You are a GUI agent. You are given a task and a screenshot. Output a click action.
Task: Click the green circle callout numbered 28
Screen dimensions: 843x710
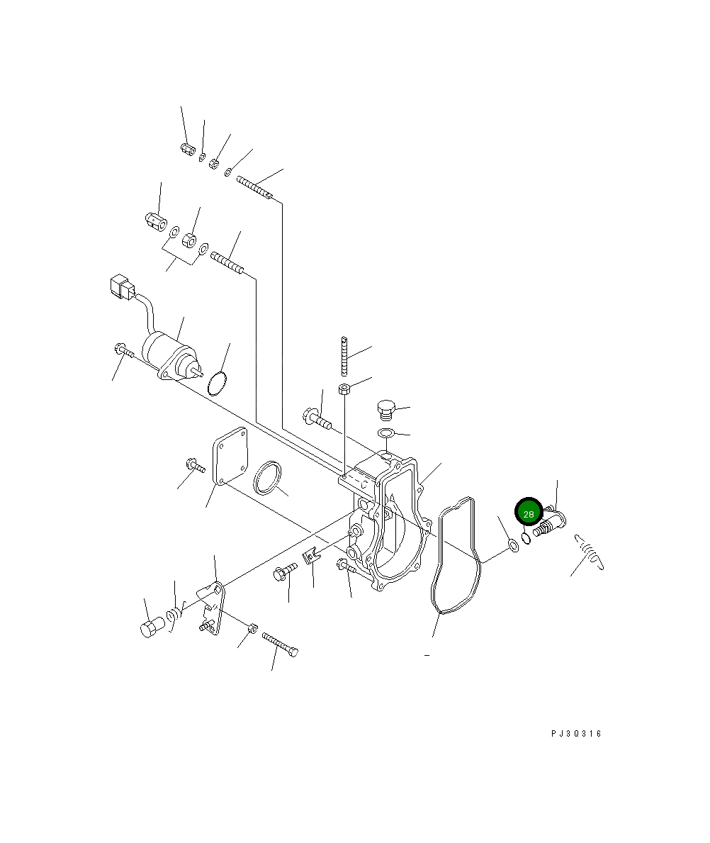click(x=529, y=513)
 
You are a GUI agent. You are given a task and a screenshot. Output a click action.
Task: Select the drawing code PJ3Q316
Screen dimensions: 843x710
click(x=575, y=734)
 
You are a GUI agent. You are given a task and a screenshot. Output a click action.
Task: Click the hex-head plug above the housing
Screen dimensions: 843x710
click(x=385, y=409)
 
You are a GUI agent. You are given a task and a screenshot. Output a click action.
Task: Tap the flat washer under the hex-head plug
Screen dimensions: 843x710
click(x=385, y=433)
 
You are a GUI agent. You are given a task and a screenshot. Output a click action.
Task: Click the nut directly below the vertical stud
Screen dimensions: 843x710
click(x=344, y=389)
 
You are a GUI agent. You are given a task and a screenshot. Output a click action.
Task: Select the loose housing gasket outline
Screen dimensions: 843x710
click(x=456, y=554)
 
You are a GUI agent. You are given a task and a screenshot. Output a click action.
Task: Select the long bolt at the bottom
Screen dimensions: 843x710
click(x=281, y=644)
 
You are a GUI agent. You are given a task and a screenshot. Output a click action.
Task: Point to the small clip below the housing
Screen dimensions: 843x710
click(x=311, y=557)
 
